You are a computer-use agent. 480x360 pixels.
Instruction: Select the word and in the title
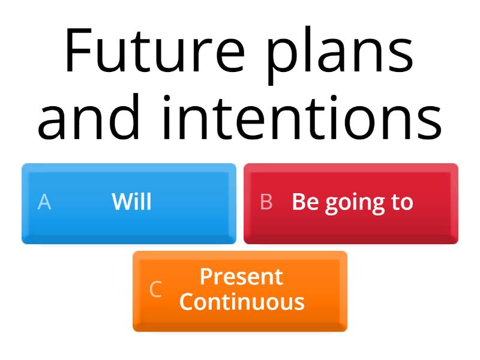click(90, 117)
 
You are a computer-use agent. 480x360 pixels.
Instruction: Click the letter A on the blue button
click(44, 202)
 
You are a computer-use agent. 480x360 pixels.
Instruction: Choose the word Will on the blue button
click(131, 202)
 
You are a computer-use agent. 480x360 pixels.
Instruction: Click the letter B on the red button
click(266, 202)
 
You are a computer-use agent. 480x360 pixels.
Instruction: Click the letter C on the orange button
click(155, 289)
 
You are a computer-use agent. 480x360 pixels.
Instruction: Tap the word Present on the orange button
click(241, 277)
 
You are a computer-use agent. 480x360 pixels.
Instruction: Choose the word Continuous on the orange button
click(241, 301)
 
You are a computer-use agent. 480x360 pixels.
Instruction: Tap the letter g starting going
click(332, 205)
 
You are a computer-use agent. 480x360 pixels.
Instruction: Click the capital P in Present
click(205, 277)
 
